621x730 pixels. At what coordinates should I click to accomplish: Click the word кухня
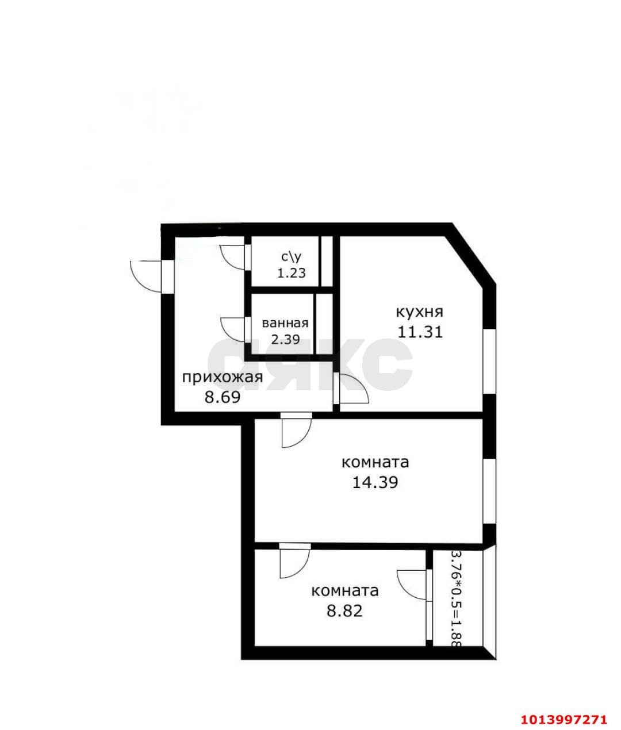(419, 312)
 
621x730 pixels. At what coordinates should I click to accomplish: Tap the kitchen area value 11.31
(420, 332)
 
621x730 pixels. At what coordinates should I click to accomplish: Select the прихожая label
(223, 378)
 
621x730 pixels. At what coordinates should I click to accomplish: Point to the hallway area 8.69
(222, 397)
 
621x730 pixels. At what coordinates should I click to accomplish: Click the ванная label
(285, 323)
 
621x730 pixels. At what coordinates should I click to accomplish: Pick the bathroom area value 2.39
(286, 339)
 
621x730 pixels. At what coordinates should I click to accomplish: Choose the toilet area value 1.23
(292, 273)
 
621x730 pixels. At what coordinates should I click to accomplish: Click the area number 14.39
(375, 482)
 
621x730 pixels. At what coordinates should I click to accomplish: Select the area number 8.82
(345, 610)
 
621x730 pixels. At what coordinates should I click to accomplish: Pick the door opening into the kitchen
(352, 390)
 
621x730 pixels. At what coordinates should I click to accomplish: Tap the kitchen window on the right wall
(489, 362)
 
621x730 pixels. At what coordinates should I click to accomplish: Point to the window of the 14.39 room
(489, 491)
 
